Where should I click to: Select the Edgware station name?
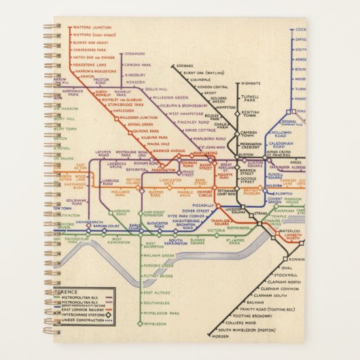[185, 65]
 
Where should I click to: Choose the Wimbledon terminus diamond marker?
[141, 324]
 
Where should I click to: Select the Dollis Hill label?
[156, 89]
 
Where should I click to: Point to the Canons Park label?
[137, 65]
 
